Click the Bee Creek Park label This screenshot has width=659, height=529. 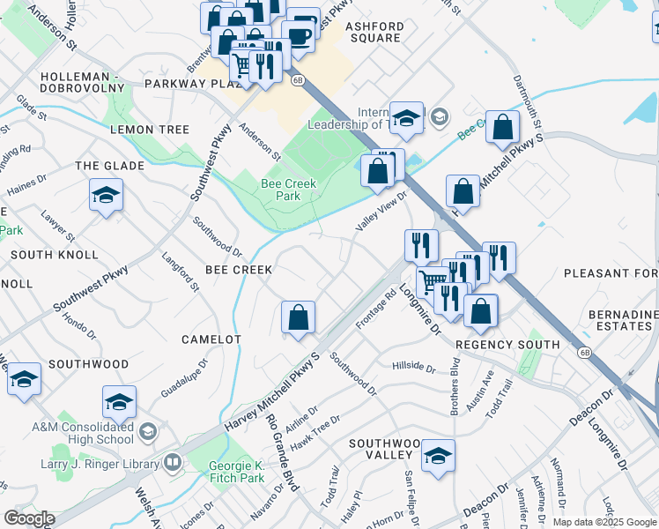pyautogui.click(x=288, y=190)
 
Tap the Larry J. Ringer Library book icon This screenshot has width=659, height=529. pyautogui.click(x=172, y=462)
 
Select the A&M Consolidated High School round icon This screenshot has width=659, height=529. pyautogui.click(x=147, y=432)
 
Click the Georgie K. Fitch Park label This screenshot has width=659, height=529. pyautogui.click(x=238, y=472)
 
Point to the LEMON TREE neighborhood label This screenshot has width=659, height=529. pyautogui.click(x=150, y=130)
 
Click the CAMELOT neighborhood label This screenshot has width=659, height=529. pyautogui.click(x=211, y=339)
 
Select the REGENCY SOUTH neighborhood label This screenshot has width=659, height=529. pyautogui.click(x=507, y=344)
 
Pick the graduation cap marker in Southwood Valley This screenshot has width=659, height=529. pyautogui.click(x=437, y=456)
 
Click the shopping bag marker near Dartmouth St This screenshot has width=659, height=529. pyautogui.click(x=501, y=127)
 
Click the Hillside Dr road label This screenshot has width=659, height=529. pyautogui.click(x=414, y=365)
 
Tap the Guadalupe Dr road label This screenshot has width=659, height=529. pyautogui.click(x=184, y=376)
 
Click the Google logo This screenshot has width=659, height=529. pyautogui.click(x=28, y=518)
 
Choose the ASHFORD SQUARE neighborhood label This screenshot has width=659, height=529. pyautogui.click(x=374, y=33)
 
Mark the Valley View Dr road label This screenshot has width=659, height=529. pyautogui.click(x=381, y=212)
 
